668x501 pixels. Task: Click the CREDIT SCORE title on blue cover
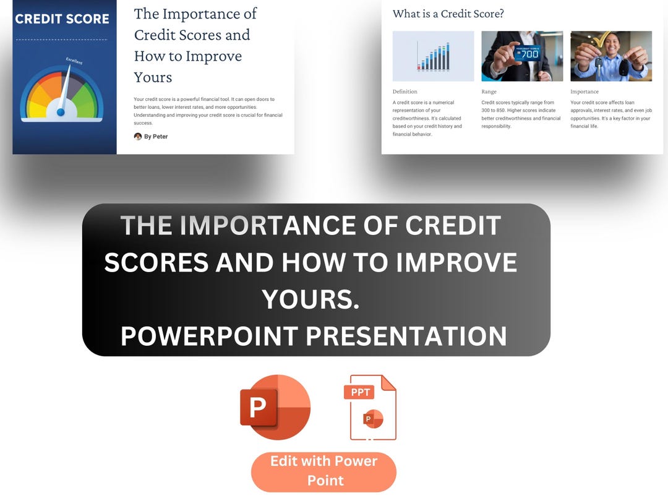tap(62, 19)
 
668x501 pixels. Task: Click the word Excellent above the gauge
tap(74, 61)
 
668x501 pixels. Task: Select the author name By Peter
tap(156, 137)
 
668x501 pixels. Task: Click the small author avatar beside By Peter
tap(138, 137)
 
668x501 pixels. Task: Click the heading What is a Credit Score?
tap(448, 14)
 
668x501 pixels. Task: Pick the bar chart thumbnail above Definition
tap(433, 56)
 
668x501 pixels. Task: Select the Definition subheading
tap(405, 92)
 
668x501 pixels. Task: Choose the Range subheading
tap(489, 92)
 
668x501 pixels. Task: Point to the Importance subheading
tap(584, 92)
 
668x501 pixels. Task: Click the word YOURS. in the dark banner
tap(310, 299)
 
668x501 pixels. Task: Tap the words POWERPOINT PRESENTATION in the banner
tap(314, 336)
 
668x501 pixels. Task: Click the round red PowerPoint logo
tap(275, 408)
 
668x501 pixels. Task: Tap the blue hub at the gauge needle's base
tap(61, 112)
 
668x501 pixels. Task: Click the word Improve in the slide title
tap(211, 56)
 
